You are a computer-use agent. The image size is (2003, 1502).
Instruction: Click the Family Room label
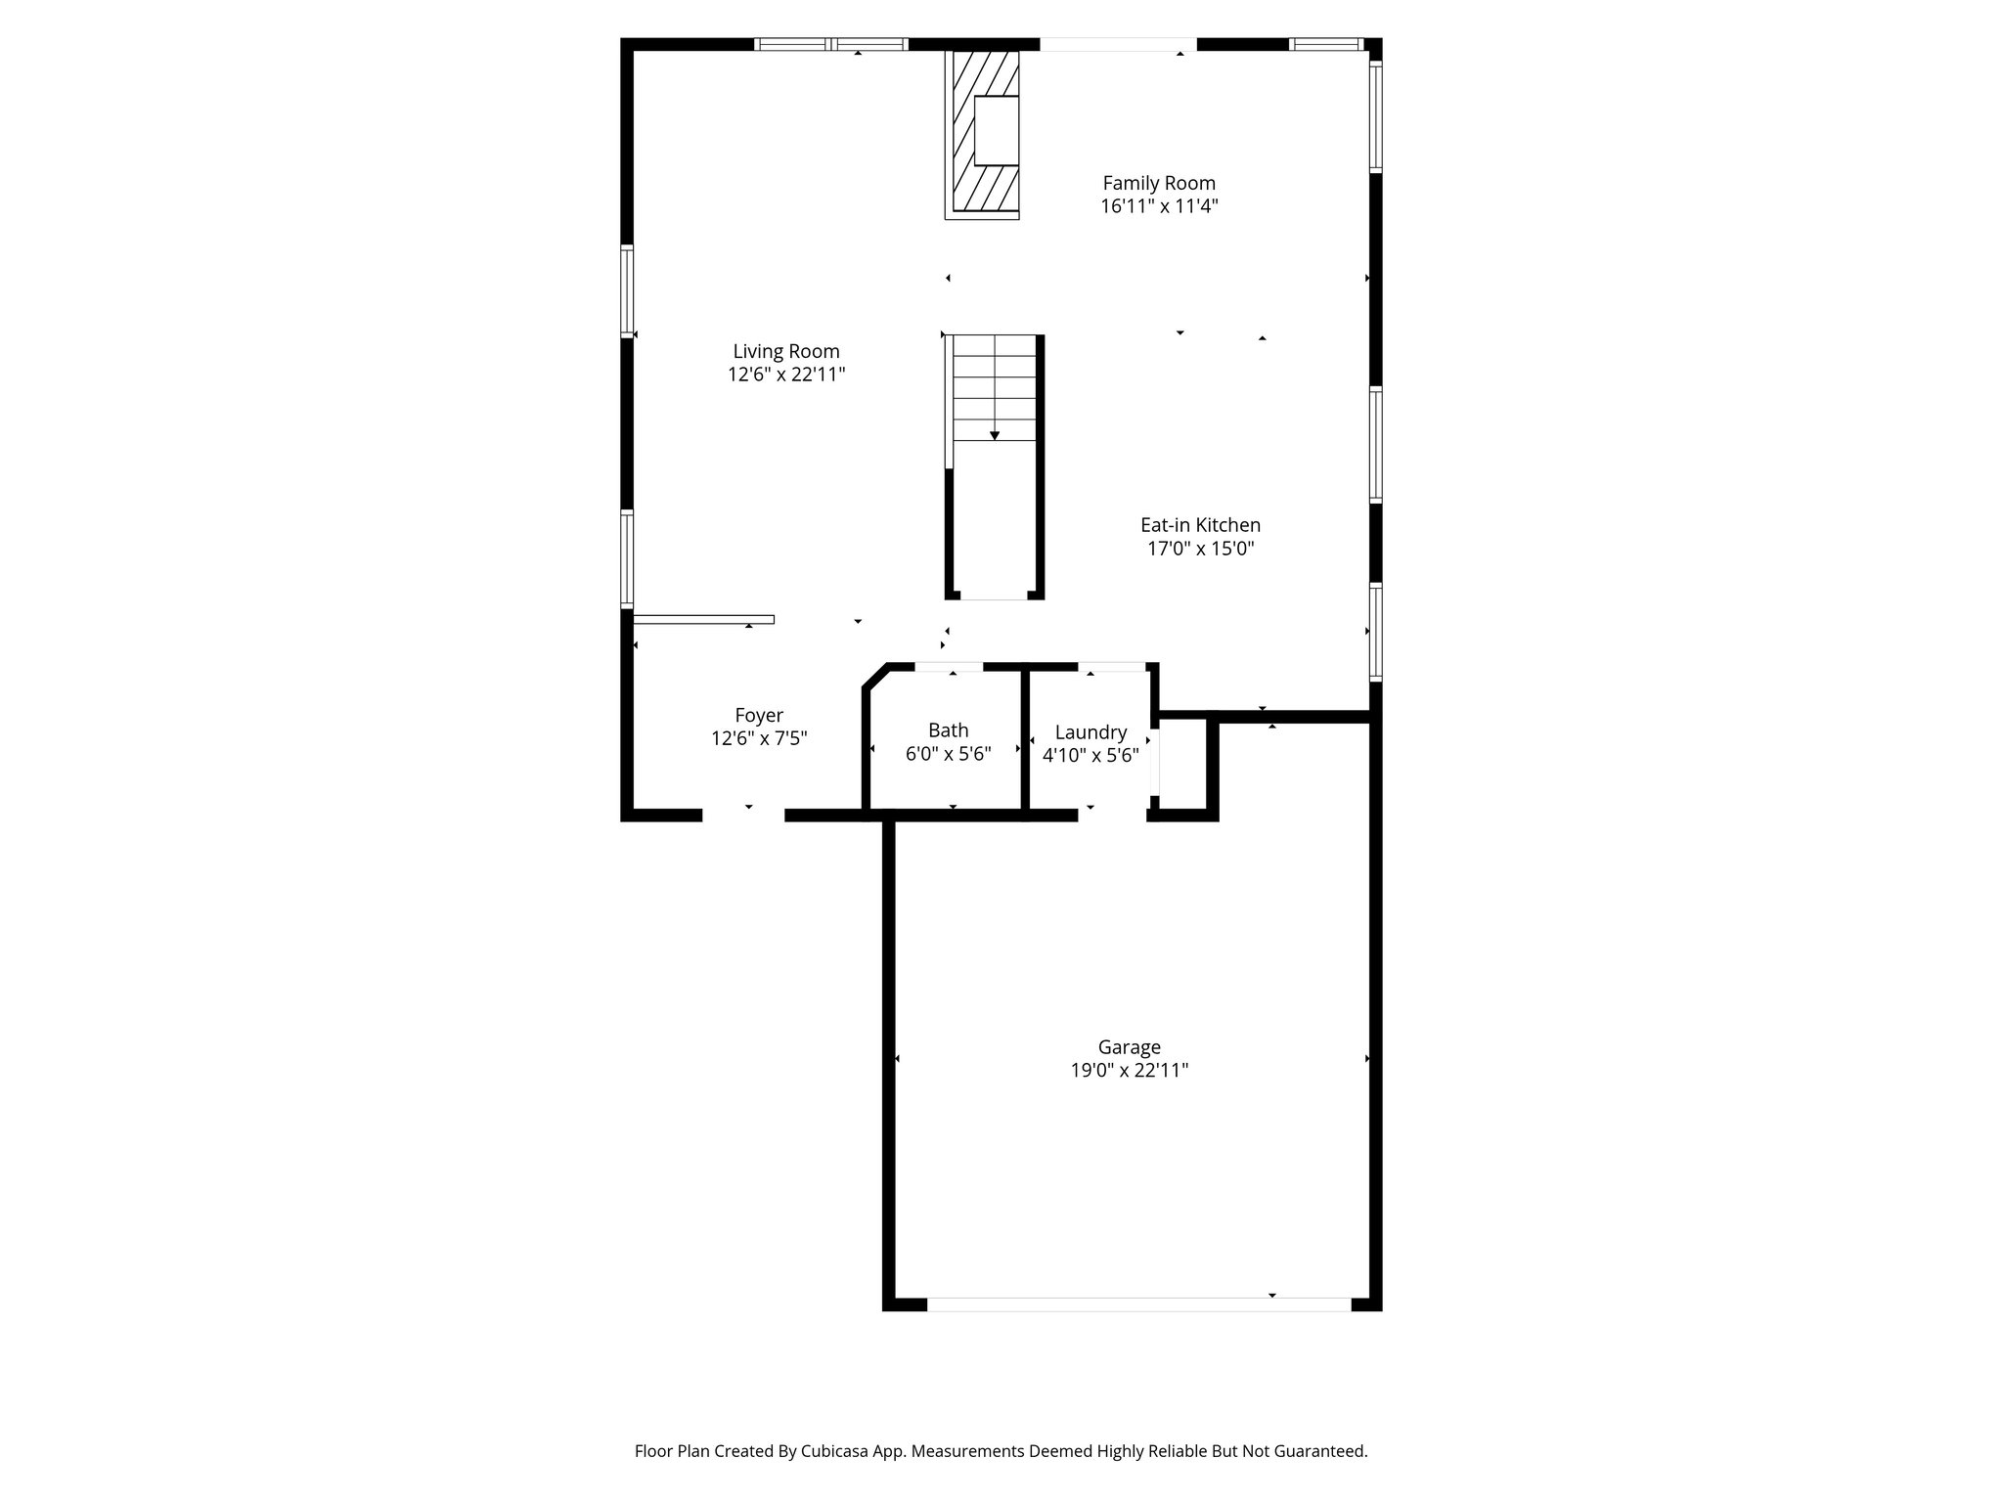click(1159, 183)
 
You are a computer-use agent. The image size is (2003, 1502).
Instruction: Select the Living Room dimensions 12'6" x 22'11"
click(786, 375)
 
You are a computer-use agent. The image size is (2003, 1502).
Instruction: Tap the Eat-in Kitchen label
click(1200, 525)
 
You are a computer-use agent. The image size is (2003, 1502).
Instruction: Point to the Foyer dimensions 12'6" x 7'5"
click(759, 738)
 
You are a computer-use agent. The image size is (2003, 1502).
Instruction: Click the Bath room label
click(948, 729)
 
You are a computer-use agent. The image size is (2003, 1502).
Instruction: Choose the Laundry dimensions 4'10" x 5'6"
click(1091, 755)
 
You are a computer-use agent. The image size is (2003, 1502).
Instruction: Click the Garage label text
click(1129, 1047)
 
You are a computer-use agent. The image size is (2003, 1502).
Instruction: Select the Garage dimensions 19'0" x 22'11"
click(1129, 1071)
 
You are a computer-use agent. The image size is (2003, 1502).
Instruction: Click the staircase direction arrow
click(994, 434)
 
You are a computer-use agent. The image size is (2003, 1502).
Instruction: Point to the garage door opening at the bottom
click(1137, 1303)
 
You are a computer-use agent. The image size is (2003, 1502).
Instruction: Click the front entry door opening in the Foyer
click(743, 815)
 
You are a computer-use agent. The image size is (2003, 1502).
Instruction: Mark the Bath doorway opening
click(949, 667)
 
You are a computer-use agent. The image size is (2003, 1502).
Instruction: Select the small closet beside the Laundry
click(1183, 765)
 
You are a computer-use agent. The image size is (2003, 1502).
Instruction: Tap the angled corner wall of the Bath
click(875, 678)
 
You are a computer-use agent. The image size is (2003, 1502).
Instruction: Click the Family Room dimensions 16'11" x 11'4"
click(1159, 206)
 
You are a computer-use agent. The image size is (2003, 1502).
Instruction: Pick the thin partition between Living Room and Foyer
click(703, 619)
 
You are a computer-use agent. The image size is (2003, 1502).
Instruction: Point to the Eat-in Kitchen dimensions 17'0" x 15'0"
click(1200, 549)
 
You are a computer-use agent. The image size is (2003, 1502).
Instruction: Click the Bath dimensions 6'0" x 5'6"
click(948, 754)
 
